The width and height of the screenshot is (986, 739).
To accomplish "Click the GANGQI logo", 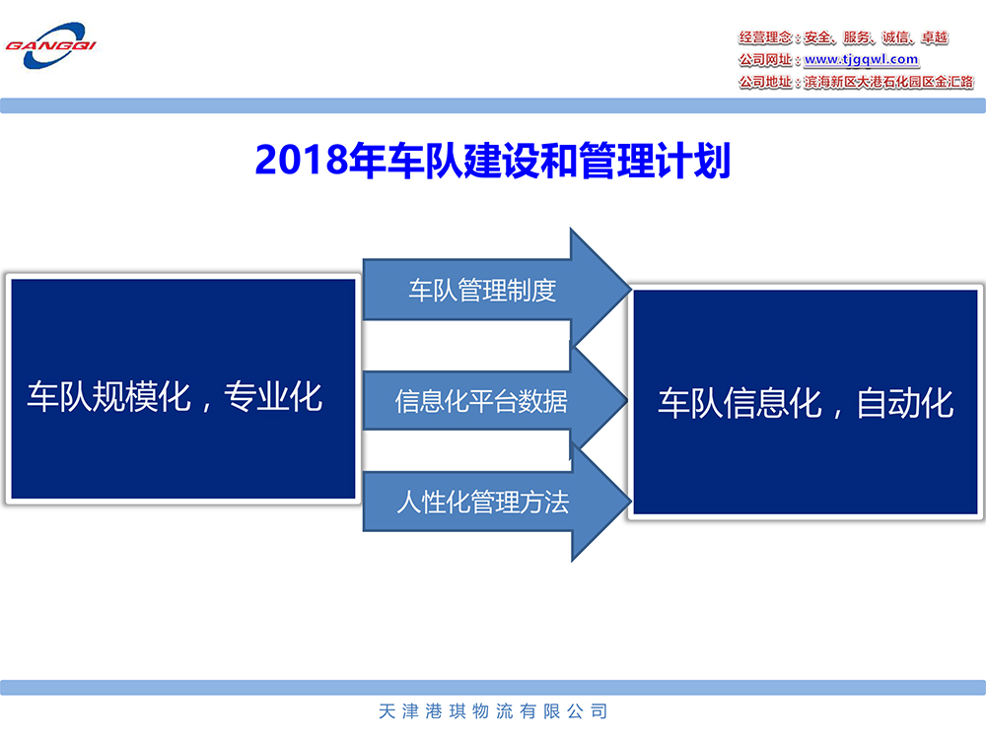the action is click(x=50, y=46).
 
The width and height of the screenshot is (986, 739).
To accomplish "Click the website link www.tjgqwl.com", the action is click(x=862, y=60).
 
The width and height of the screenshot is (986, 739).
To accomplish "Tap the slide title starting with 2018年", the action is click(x=492, y=161).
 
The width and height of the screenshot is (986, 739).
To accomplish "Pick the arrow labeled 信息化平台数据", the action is click(x=495, y=400).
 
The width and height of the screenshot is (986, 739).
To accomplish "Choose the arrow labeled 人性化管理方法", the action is click(x=497, y=502).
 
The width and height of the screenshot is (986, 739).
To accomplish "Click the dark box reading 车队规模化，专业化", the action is click(x=183, y=389).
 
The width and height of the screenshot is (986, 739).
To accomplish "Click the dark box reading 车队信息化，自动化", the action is click(x=806, y=402).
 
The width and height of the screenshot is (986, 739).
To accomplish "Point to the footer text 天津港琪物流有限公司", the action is click(x=493, y=711).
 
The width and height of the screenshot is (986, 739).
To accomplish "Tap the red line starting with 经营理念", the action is click(x=843, y=37).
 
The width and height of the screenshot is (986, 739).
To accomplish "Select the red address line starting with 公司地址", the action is click(x=856, y=82).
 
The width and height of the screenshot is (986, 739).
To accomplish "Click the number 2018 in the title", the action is click(x=301, y=161).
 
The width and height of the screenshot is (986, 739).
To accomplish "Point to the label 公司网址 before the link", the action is click(x=765, y=60).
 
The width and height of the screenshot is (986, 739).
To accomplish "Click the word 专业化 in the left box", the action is click(x=273, y=396).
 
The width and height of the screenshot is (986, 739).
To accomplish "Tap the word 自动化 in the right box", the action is click(x=905, y=403).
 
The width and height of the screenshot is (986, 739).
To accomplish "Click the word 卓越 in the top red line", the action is click(x=935, y=37).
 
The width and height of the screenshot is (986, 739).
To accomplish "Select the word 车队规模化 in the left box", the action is click(x=108, y=396).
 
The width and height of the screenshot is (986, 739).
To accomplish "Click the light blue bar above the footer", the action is click(x=493, y=688).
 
